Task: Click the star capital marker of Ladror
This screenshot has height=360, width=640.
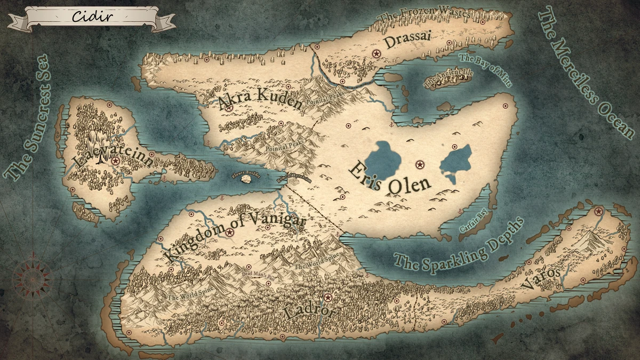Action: point(328,297)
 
